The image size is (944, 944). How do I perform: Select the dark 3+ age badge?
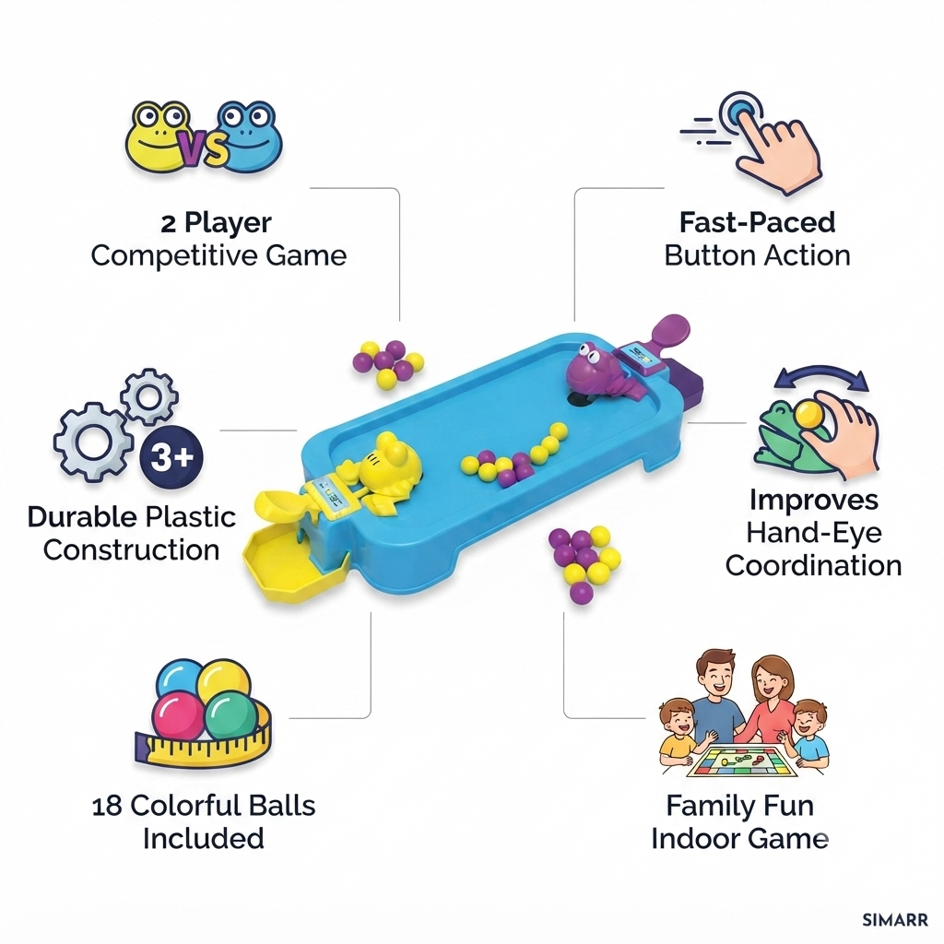point(171,456)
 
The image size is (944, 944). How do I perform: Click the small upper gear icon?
point(148,397)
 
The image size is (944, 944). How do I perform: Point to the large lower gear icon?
point(92,442)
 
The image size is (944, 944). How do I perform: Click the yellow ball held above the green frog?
point(807,416)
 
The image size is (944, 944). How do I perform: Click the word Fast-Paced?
point(758,222)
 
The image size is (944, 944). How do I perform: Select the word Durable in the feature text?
point(82,517)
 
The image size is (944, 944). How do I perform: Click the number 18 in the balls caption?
point(107,806)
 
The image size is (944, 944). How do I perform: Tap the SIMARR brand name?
point(895,921)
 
